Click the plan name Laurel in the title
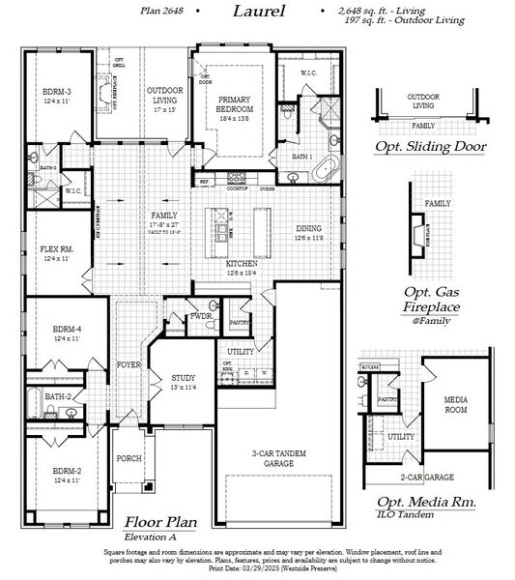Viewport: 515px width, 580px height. tap(259, 12)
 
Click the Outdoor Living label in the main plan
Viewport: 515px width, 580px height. tap(165, 95)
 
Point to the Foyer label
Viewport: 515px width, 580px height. tap(128, 364)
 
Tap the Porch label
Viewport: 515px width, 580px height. tap(129, 458)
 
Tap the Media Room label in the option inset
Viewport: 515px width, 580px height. tap(455, 404)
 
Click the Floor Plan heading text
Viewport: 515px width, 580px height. tap(158, 521)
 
